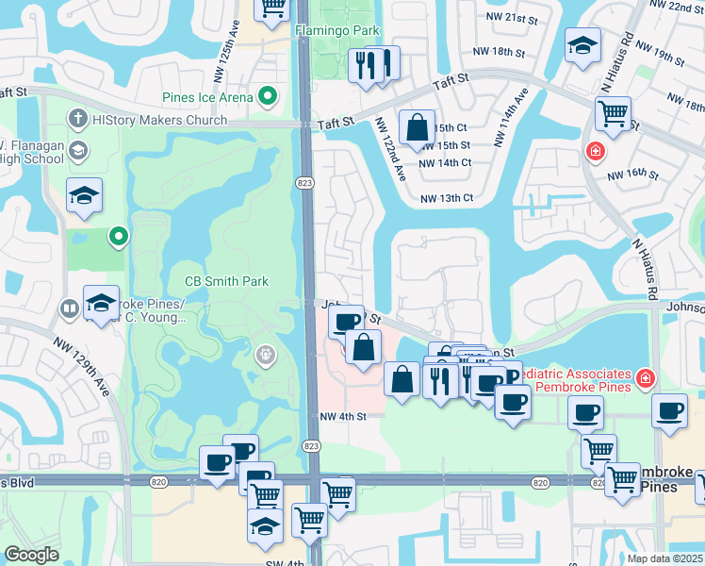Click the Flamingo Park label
point(337,31)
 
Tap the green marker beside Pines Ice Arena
point(268,96)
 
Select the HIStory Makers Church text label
point(160,120)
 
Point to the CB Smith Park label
point(226,281)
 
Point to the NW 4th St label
point(341,417)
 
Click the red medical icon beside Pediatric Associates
point(645,378)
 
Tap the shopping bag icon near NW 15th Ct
point(416,126)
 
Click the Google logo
point(32,555)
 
